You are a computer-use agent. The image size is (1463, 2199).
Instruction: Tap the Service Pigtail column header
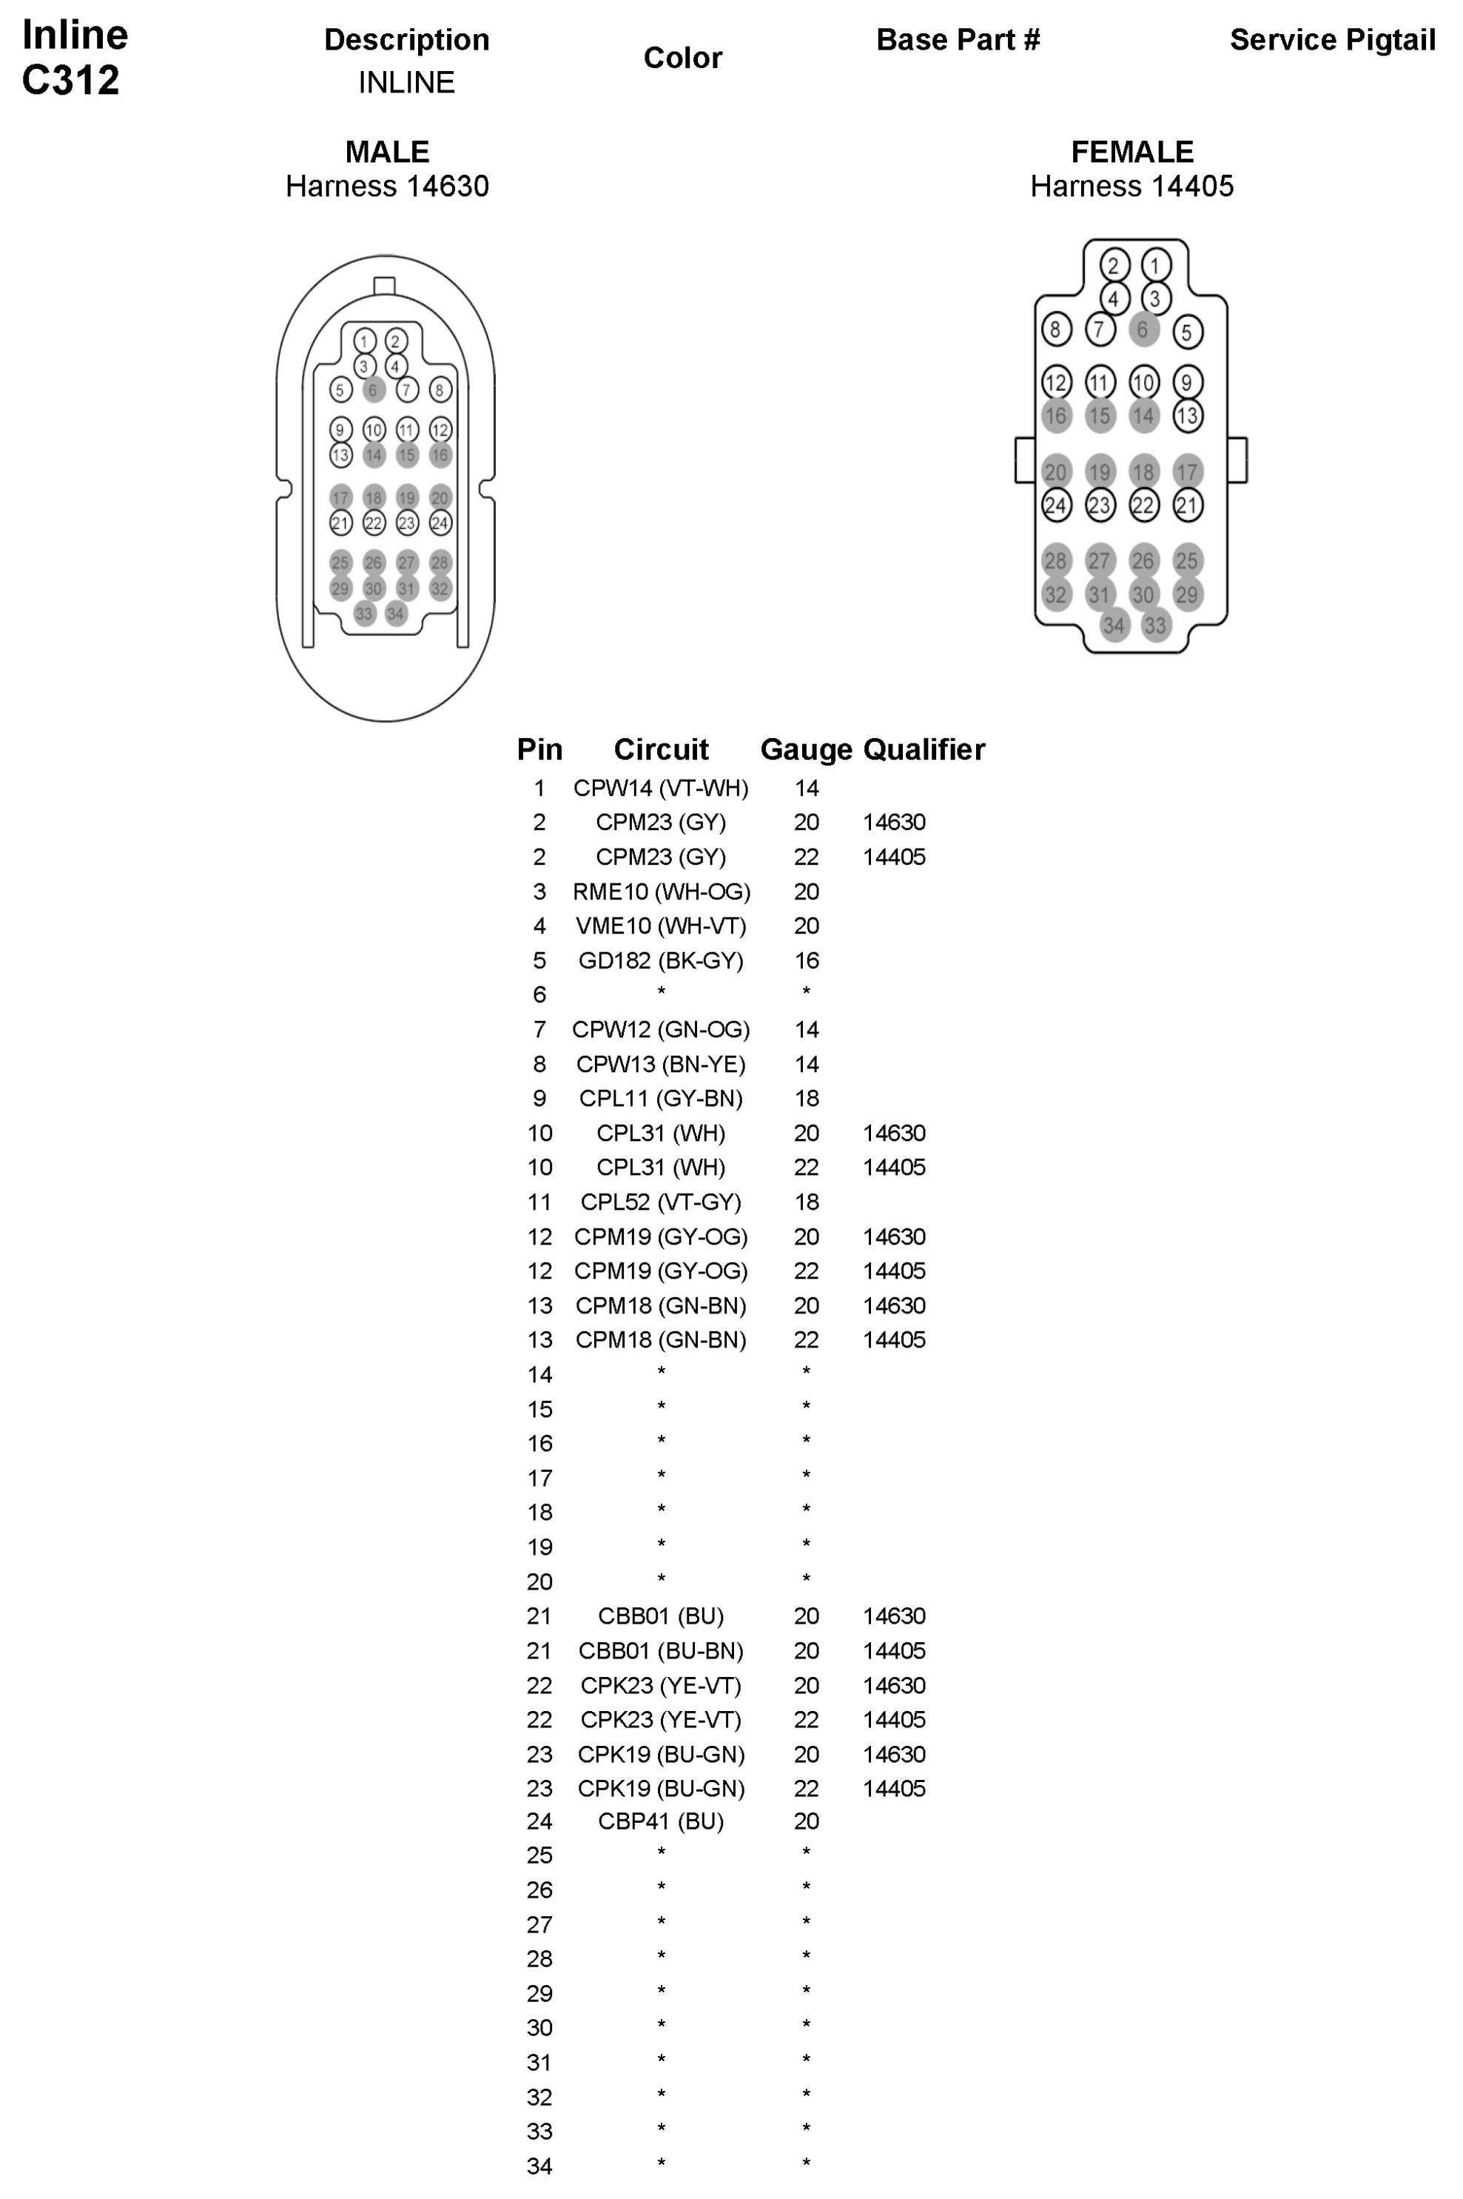point(1331,40)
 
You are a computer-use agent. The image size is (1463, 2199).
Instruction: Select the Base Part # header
point(958,40)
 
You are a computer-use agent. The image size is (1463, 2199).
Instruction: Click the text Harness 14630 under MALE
point(387,187)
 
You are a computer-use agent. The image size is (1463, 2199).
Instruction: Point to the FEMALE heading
point(1131,152)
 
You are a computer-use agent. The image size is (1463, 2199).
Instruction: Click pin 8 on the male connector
point(440,390)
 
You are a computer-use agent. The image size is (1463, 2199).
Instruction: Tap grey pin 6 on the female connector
point(1143,329)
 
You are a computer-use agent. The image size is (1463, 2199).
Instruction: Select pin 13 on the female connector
point(1187,416)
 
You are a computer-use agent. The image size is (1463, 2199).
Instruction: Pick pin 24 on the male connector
point(440,523)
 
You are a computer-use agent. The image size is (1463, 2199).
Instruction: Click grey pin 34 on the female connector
point(1113,626)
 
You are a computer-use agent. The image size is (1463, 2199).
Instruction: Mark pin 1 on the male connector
point(365,341)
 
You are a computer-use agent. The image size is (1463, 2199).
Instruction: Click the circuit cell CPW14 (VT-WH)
point(661,789)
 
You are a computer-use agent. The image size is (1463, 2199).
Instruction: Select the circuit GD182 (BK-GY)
point(661,961)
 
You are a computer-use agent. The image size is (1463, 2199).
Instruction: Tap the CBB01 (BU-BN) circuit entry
point(661,1651)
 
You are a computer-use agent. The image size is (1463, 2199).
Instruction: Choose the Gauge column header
point(806,749)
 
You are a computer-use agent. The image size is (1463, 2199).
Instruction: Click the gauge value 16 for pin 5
point(806,961)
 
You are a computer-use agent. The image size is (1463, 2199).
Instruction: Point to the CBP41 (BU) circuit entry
point(661,1821)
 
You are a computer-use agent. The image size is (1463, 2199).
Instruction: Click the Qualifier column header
point(924,749)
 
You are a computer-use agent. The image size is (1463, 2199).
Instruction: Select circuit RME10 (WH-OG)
point(661,892)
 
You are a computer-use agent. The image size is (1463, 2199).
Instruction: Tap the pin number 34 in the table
point(539,2166)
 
